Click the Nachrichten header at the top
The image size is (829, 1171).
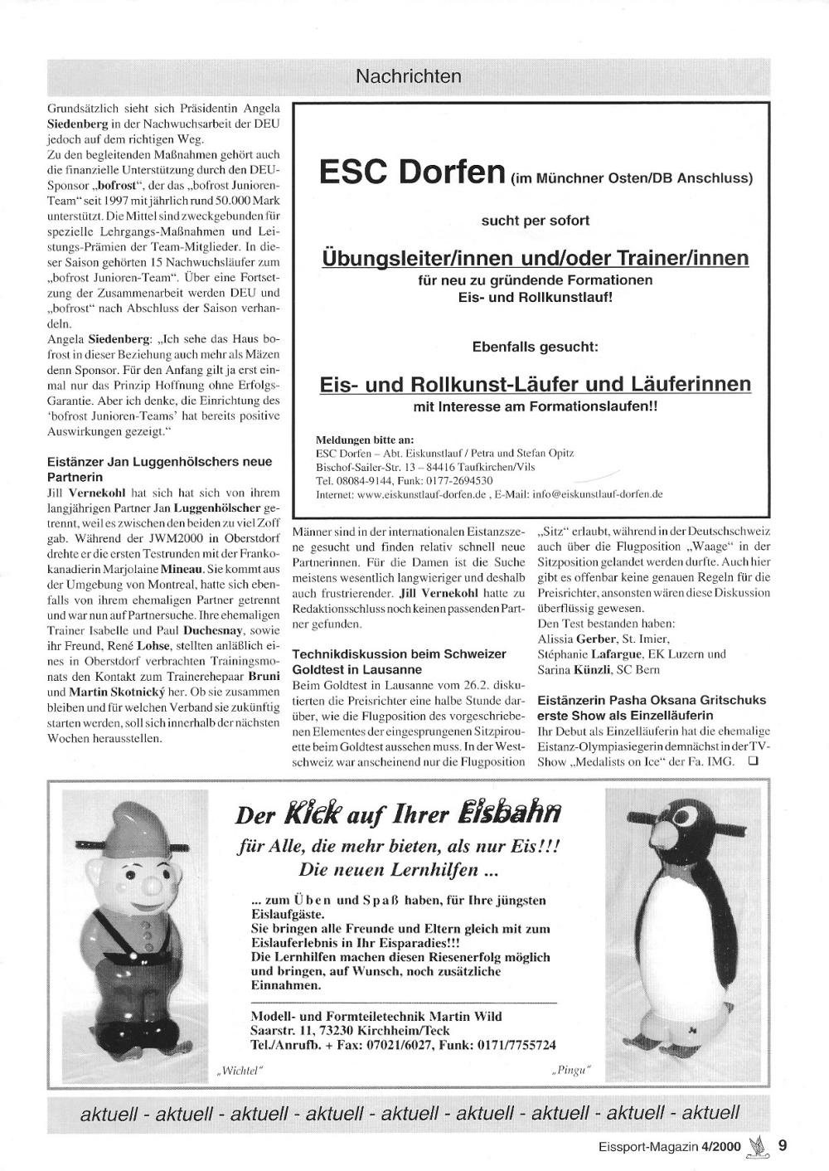[409, 77]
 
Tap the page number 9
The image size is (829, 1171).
[783, 1146]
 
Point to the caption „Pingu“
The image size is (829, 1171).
[573, 1071]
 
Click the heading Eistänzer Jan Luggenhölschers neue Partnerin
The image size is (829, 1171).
[159, 469]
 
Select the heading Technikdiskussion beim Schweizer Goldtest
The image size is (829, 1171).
[399, 662]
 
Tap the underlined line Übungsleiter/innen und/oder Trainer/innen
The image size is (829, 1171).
[535, 258]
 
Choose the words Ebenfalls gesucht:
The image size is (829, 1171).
[535, 346]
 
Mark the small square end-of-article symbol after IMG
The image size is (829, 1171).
[753, 763]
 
